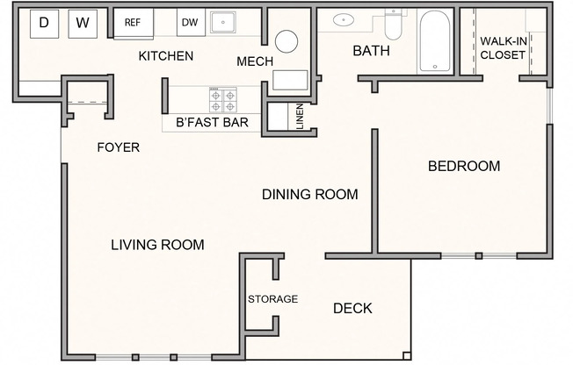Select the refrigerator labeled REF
[134, 23]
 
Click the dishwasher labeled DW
[189, 23]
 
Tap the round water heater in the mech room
[287, 40]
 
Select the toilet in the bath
[393, 25]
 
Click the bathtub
[435, 41]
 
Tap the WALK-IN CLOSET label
[503, 47]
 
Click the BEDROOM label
[464, 166]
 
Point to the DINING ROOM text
[310, 194]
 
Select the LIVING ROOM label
[157, 245]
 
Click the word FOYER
[118, 147]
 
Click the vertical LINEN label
[300, 118]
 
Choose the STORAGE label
[272, 299]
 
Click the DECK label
[352, 308]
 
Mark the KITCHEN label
[166, 56]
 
